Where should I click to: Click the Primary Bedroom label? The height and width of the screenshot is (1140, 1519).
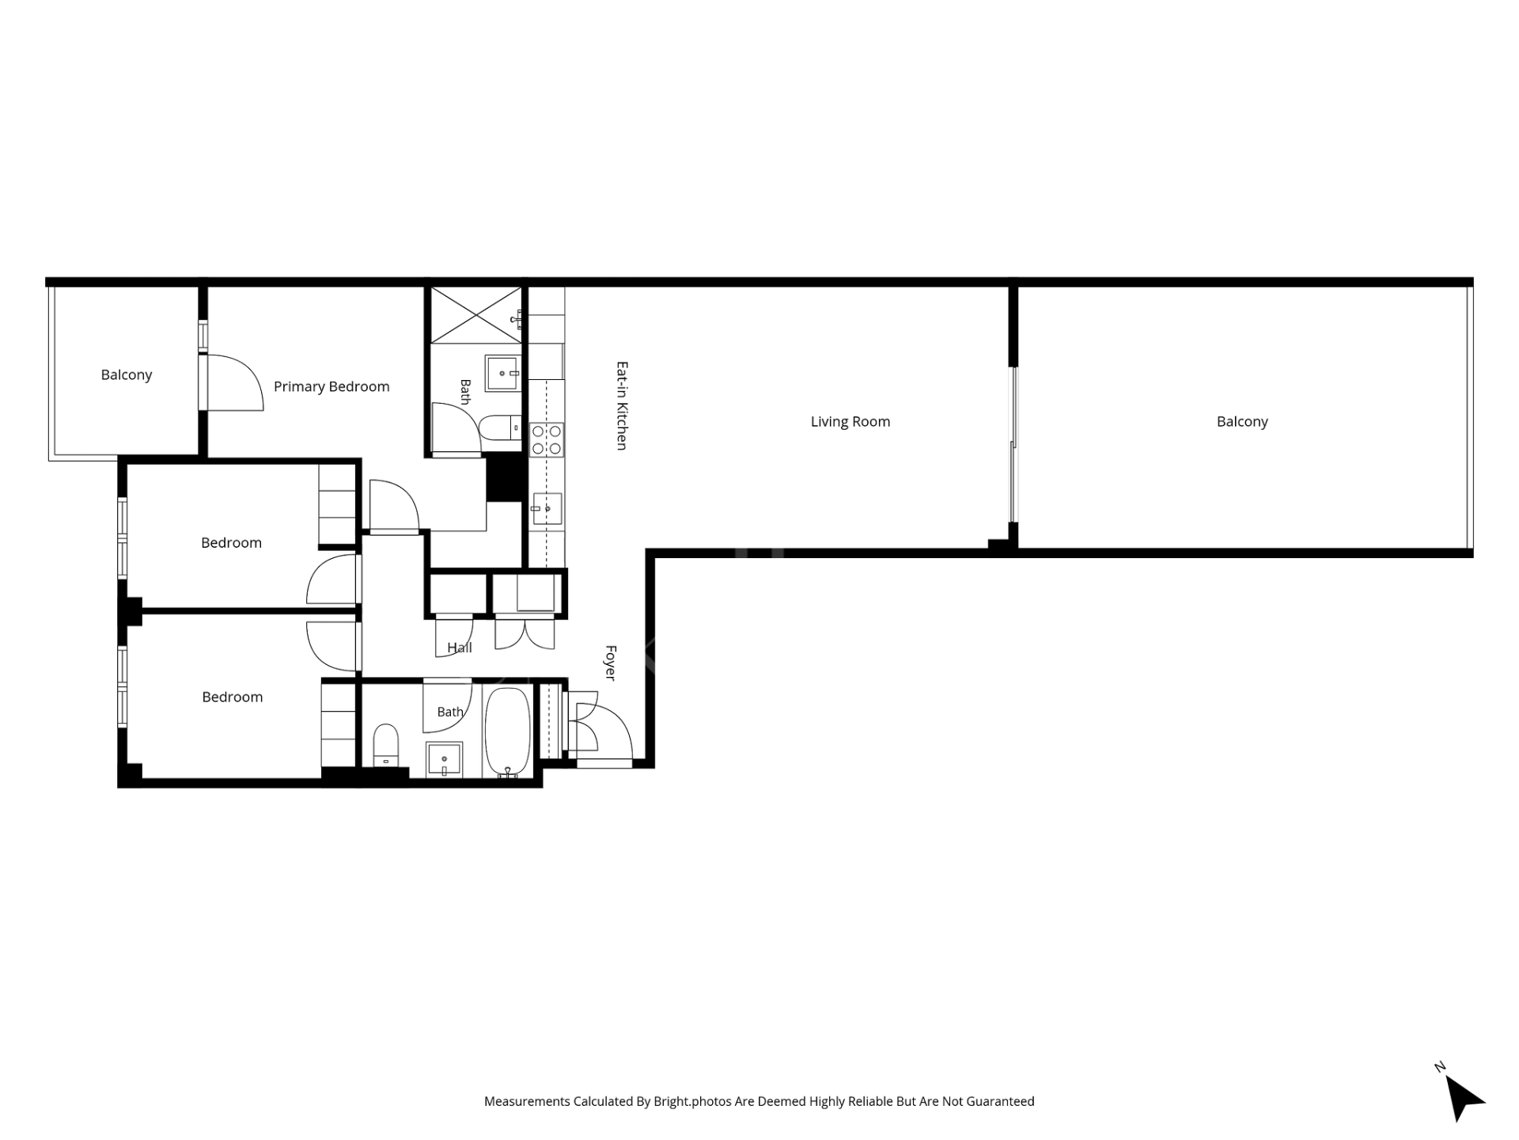pos(331,386)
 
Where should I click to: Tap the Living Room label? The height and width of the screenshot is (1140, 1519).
pos(850,421)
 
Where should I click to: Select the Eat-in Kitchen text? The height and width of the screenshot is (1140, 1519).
pos(622,406)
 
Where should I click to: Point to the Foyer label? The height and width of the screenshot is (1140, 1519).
pos(611,663)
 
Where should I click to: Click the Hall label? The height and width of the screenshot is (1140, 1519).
pos(460,648)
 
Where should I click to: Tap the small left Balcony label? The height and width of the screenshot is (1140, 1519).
pos(127,374)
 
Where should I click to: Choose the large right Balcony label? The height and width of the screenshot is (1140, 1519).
pos(1242,421)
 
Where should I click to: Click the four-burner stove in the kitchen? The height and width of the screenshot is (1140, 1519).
pos(547,440)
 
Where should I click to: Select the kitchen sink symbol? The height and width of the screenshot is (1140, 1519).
pos(546,508)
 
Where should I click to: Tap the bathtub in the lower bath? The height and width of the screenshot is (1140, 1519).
pos(507,733)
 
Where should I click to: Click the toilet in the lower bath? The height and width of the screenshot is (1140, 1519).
pos(386,745)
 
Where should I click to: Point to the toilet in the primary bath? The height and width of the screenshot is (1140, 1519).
pos(500,427)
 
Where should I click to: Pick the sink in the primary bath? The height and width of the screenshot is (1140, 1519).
pos(502,373)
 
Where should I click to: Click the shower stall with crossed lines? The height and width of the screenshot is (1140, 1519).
pos(476,315)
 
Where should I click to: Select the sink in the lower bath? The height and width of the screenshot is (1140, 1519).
pos(445,760)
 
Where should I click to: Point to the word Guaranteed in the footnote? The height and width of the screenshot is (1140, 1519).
pos(999,1101)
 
